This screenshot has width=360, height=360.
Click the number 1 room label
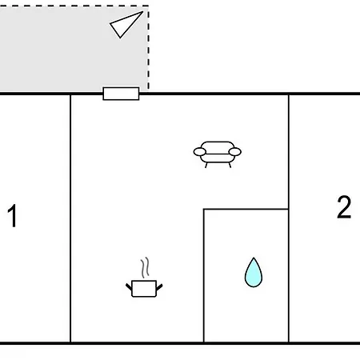click(12, 215)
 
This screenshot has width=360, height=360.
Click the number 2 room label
click(344, 207)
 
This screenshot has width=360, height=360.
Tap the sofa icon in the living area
click(218, 154)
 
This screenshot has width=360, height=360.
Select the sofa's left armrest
click(200, 152)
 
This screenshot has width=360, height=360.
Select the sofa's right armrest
click(235, 152)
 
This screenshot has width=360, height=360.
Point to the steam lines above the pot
click(145, 267)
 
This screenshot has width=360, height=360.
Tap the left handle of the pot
click(129, 287)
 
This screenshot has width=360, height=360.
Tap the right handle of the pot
click(159, 287)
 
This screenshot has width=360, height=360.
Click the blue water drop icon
click(254, 273)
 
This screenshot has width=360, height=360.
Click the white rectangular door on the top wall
click(121, 94)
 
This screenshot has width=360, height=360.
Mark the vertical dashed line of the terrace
click(148, 47)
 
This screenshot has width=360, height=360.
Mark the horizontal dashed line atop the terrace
click(74, 6)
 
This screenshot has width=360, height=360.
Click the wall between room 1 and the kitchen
click(70, 218)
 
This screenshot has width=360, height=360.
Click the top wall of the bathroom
click(246, 209)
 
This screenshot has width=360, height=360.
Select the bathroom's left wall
click(204, 275)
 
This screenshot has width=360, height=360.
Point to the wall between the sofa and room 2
click(289, 151)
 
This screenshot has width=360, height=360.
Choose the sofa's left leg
click(206, 165)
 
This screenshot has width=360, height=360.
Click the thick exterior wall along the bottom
click(180, 343)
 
